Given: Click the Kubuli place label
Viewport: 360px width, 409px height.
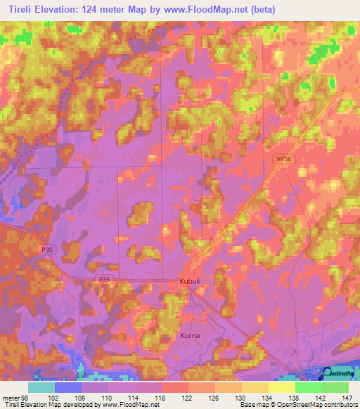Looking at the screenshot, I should (191, 282).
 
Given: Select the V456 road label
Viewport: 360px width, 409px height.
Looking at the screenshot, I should (283, 160).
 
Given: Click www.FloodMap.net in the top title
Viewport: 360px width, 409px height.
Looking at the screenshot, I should (210, 9).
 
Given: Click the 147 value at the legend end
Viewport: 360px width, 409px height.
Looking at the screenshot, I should (348, 397).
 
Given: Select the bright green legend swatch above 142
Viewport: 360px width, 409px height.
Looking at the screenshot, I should (309, 387).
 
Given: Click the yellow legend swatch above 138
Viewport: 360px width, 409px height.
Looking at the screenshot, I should (282, 387).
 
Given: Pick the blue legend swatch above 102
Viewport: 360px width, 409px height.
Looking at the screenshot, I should (68, 387).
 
